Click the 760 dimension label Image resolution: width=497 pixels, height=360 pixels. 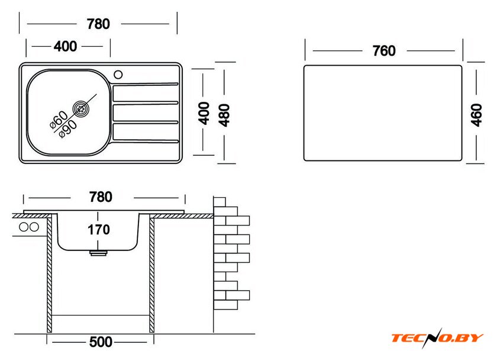click(384, 51)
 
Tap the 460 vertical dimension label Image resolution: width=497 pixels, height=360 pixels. click(476, 115)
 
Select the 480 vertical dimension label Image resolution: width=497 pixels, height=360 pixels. click(224, 115)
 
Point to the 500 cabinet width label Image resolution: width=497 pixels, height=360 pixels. click(101, 342)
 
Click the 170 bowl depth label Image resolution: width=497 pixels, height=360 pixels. click(99, 230)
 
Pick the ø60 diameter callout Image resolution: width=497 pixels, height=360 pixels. click(59, 120)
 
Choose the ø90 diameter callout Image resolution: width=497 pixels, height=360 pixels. click(68, 129)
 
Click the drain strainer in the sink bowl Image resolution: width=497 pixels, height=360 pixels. click(81, 109)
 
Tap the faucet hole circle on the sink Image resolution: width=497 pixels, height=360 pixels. click(118, 75)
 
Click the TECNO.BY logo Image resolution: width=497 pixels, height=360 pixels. click(437, 338)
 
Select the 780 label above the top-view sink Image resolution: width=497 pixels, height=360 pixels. click(98, 24)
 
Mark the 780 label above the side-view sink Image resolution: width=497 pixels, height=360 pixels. click(101, 197)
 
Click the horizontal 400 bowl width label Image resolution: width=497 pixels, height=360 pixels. click(65, 46)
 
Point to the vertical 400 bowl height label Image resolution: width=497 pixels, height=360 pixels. click(204, 113)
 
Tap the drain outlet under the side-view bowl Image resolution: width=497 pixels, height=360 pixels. click(98, 253)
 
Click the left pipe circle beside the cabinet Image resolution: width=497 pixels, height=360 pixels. click(24, 227)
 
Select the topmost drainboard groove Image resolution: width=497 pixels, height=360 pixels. click(146, 85)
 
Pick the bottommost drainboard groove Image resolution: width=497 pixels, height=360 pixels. click(146, 140)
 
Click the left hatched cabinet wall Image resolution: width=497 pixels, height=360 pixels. click(50, 274)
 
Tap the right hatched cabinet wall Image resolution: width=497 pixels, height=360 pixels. click(152, 274)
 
